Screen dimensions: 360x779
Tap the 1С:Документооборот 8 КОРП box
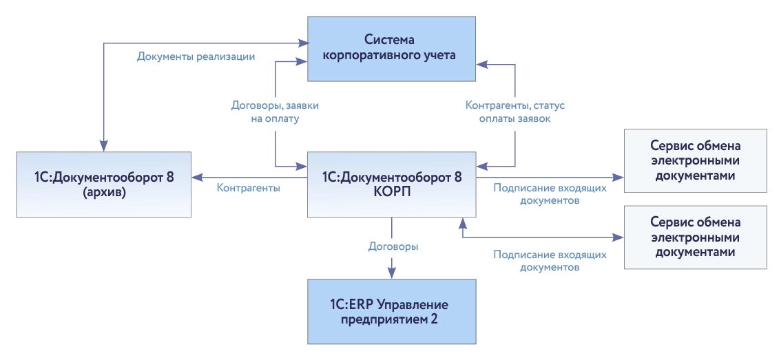391,184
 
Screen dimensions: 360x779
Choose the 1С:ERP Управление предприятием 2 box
391,311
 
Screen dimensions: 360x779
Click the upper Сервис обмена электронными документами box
695,160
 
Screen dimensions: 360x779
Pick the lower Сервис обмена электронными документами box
695,237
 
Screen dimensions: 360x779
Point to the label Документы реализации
196,56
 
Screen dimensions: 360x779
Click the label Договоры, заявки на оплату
275,112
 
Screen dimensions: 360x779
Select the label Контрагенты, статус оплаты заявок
515,112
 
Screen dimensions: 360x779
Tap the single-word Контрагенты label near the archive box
248,187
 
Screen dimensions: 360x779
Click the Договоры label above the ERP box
393,245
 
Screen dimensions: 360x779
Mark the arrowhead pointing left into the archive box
197,177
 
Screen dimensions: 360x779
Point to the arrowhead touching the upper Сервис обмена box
619,177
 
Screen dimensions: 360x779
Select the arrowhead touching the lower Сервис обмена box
619,238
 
